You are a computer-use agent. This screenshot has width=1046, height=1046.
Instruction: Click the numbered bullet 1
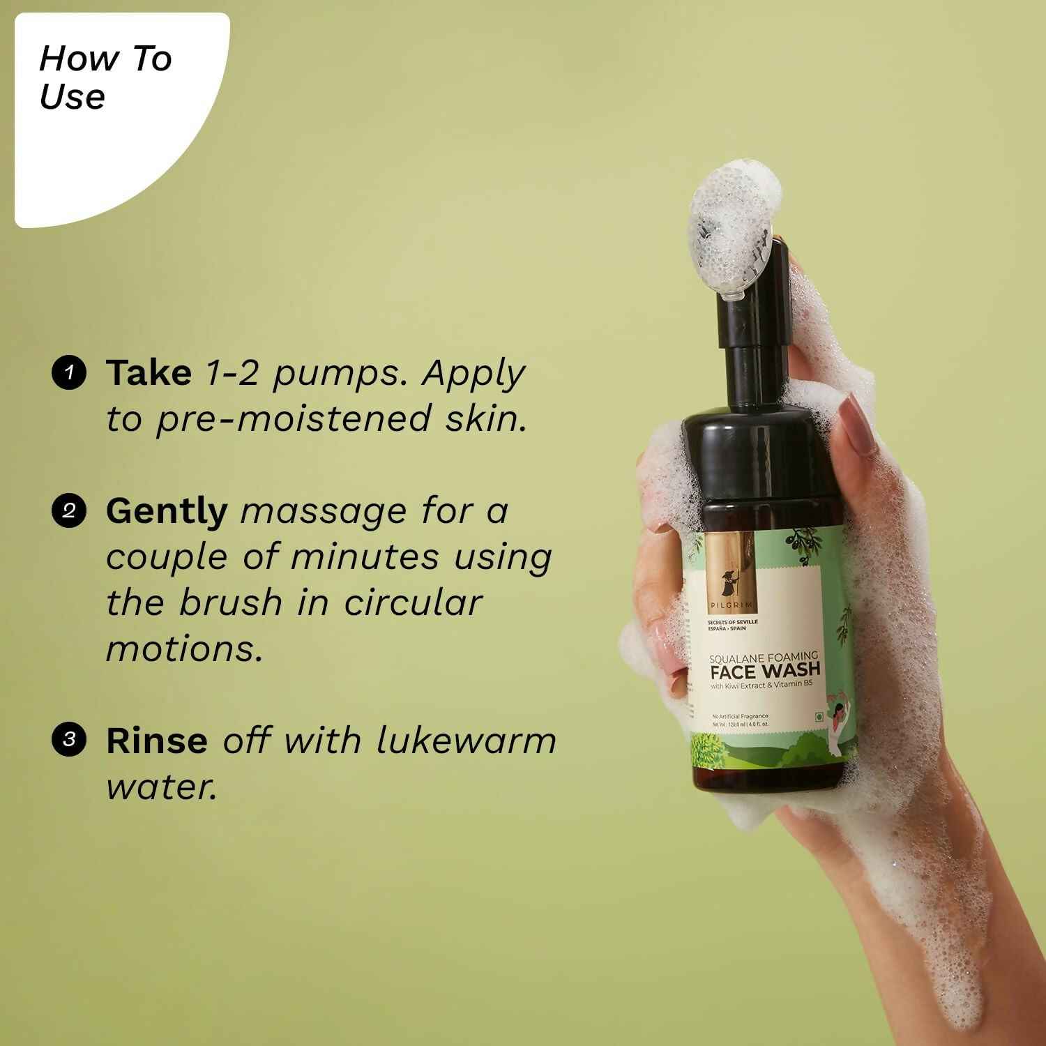coord(68,373)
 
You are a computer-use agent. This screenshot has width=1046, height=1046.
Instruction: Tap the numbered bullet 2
coord(68,511)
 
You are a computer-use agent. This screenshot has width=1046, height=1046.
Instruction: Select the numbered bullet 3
coord(68,739)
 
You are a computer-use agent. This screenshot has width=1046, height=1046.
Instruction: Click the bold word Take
coord(149,373)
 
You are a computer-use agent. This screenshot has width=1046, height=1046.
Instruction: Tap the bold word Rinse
coord(156,741)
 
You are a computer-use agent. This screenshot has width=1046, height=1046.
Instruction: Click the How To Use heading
coord(105,77)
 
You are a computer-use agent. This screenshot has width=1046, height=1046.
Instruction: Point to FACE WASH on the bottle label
coord(765,671)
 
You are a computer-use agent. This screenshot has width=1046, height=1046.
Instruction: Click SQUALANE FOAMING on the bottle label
coord(763,656)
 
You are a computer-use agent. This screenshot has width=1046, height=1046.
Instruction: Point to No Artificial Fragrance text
coord(740,716)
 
